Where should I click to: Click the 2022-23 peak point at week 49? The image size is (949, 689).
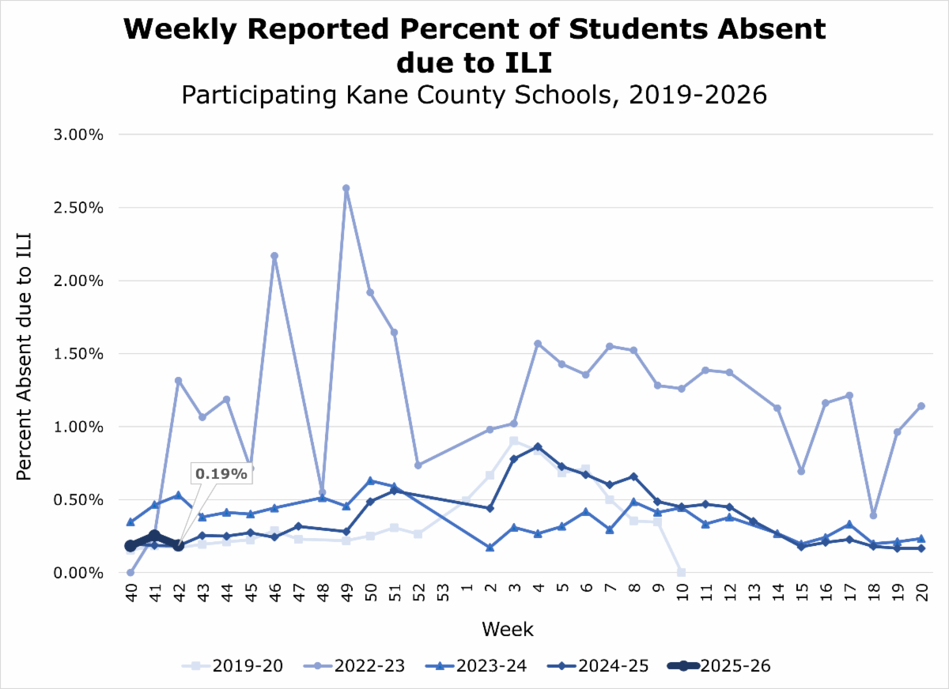346,189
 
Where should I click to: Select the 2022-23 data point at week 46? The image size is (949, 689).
274,256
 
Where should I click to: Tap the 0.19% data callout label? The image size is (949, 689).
221,473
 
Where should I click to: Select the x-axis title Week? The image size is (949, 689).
508,630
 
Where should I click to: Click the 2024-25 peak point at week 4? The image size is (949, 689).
538,446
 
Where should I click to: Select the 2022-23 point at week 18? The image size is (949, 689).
873,515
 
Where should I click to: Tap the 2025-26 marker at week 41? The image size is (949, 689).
154,536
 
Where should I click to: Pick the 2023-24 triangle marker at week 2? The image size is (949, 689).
490,547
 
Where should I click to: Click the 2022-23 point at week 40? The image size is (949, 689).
130,572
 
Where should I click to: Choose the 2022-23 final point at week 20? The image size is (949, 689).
921,406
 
